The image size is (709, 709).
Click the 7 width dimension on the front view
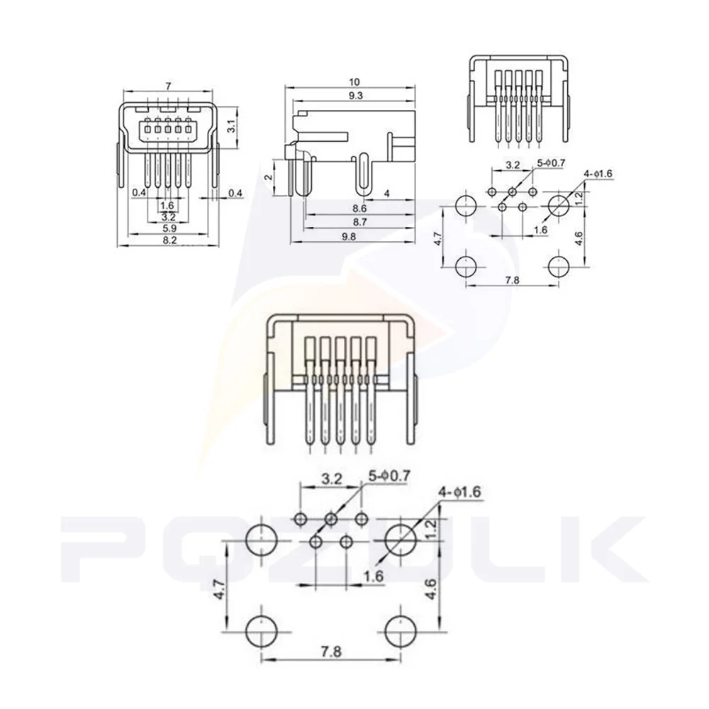coord(167,86)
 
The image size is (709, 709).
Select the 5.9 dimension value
coord(168,229)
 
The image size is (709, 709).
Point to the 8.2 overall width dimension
coord(168,241)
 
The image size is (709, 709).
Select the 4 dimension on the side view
coord(386,193)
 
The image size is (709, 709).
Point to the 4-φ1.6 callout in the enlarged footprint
coord(463,491)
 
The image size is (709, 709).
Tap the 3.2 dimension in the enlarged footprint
coord(331,479)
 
